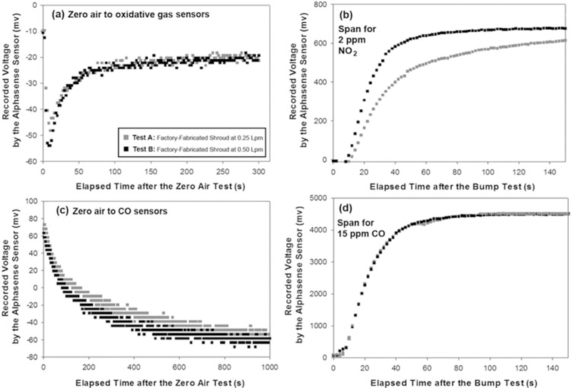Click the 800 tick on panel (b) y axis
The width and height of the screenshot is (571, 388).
320,5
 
